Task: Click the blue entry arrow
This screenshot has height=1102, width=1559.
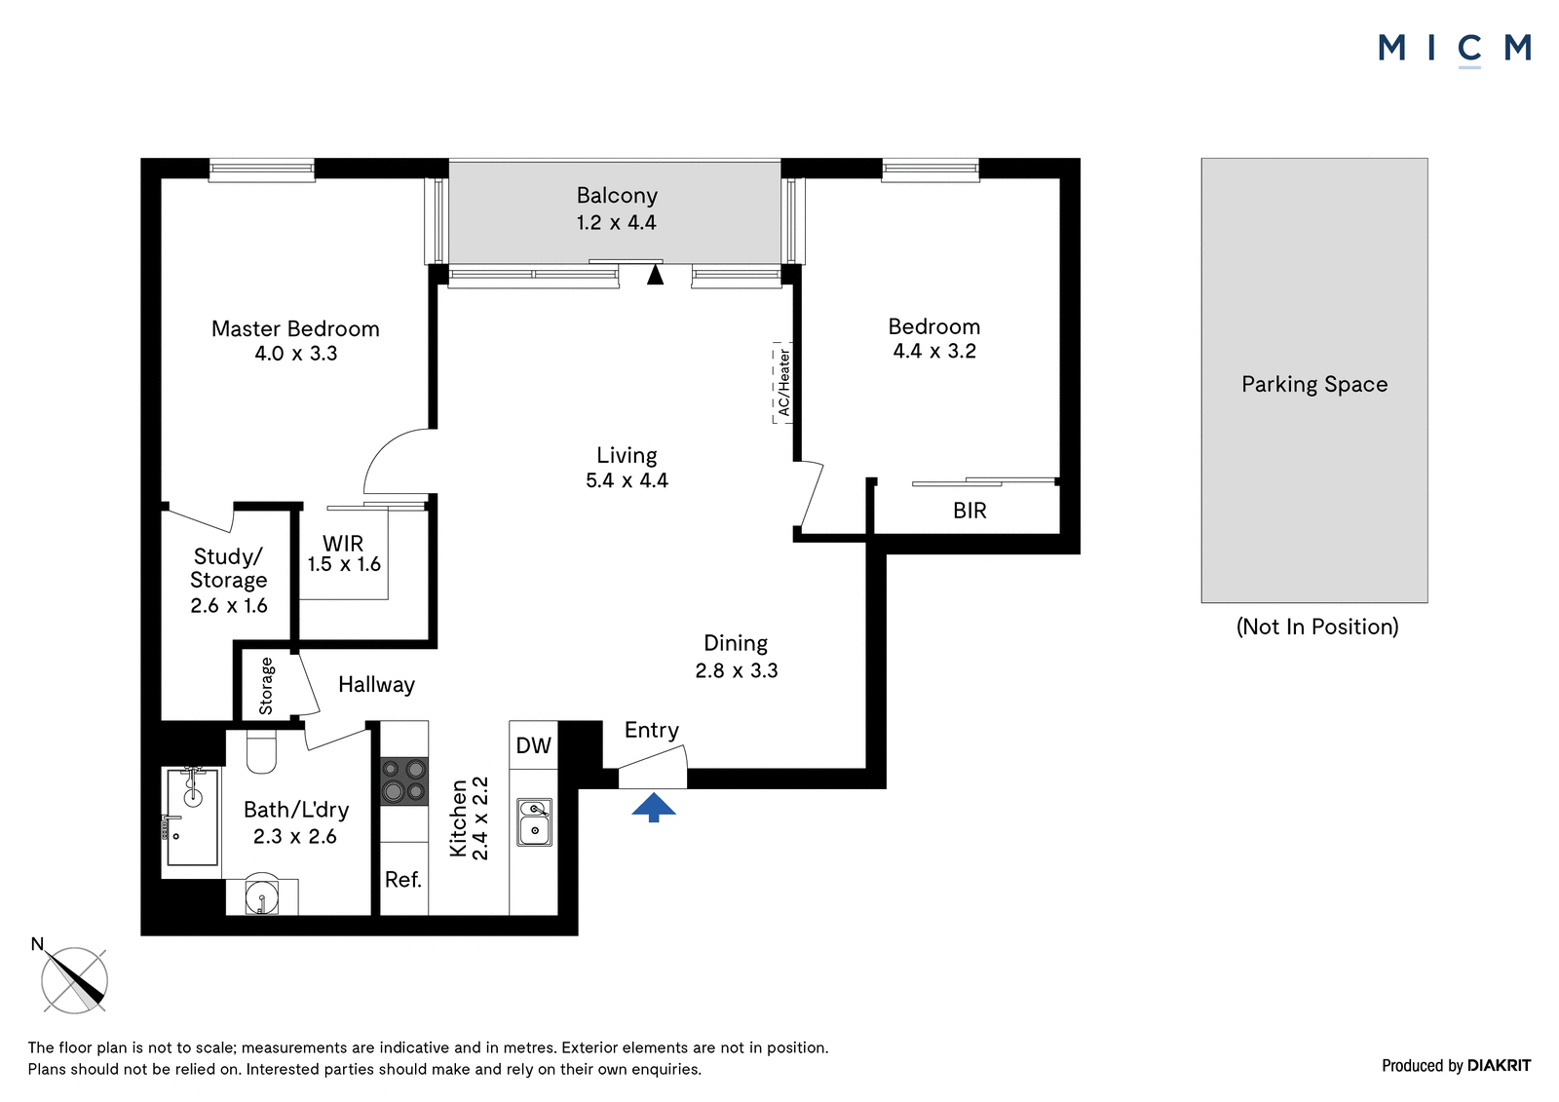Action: pyautogui.click(x=654, y=808)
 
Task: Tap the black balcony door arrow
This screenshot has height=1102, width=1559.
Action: pyautogui.click(x=655, y=274)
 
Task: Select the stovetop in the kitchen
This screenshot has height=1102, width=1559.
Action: pyautogui.click(x=403, y=781)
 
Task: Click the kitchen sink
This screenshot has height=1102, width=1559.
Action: pyautogui.click(x=535, y=822)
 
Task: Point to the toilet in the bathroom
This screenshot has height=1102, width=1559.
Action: pyautogui.click(x=262, y=751)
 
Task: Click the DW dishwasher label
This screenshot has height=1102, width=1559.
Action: pyautogui.click(x=534, y=745)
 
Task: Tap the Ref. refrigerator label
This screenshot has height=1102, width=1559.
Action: pyautogui.click(x=403, y=879)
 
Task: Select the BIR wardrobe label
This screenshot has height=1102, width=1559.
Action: pyautogui.click(x=970, y=511)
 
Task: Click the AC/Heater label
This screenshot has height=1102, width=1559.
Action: pyautogui.click(x=783, y=383)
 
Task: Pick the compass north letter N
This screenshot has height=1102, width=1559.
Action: pyautogui.click(x=38, y=944)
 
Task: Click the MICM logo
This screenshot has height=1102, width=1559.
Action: pyautogui.click(x=1456, y=50)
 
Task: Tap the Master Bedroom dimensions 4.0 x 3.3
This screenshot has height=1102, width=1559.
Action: pyautogui.click(x=296, y=354)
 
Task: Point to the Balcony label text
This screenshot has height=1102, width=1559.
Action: pyautogui.click(x=617, y=196)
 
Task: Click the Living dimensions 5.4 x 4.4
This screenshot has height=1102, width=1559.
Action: pyautogui.click(x=627, y=480)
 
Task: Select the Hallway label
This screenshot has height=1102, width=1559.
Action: pyautogui.click(x=376, y=685)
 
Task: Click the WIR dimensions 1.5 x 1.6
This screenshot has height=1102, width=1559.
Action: pyautogui.click(x=344, y=564)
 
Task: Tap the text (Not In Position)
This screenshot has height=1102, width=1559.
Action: pyautogui.click(x=1316, y=627)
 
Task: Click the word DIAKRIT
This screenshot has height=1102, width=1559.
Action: pyautogui.click(x=1500, y=1065)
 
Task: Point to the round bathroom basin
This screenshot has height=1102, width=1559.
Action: pyautogui.click(x=262, y=893)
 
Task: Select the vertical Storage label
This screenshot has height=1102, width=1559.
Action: pyautogui.click(x=267, y=686)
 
